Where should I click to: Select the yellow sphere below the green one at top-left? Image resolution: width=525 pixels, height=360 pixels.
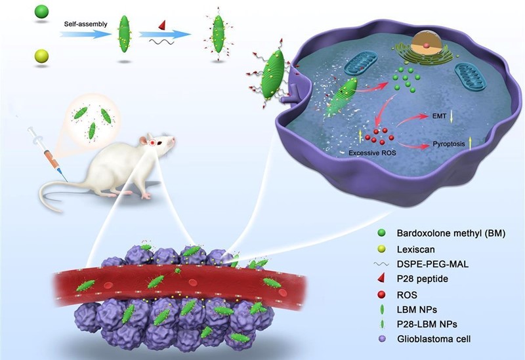[x=41, y=57]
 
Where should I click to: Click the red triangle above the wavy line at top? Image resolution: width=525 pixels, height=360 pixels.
[x=161, y=25]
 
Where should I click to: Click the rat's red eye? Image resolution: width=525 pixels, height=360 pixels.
[x=152, y=142]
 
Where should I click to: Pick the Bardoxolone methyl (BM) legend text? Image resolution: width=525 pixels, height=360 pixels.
[x=452, y=232]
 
